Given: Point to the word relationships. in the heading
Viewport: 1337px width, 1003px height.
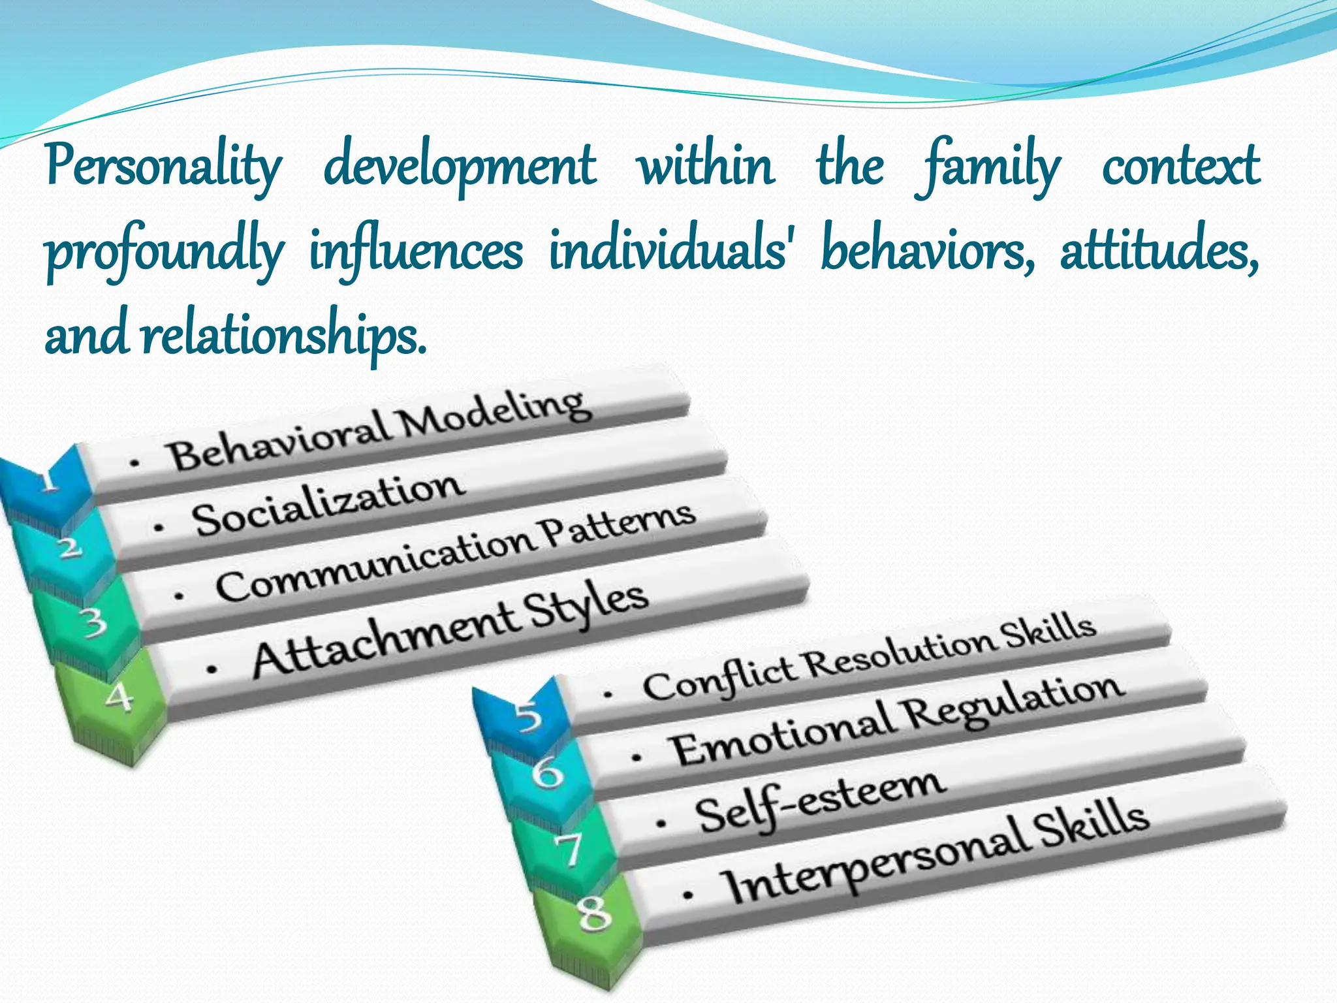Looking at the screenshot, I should pos(284,336).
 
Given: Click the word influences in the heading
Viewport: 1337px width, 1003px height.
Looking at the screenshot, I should pos(416,251).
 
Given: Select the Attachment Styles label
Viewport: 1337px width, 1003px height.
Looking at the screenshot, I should pos(450,630).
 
